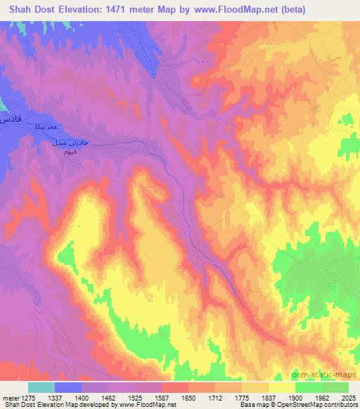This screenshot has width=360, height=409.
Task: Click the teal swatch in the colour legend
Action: click(x=41, y=387)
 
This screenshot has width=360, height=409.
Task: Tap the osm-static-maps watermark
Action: click(x=330, y=376)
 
